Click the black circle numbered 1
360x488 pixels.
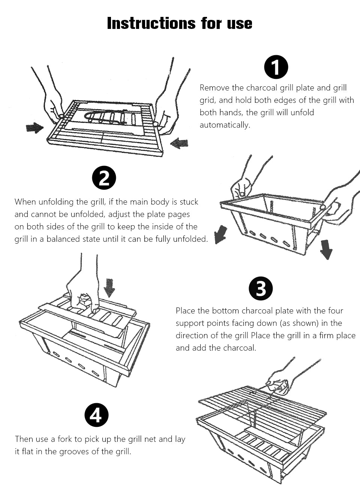click(276, 67)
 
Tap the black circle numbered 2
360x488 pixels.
click(104, 178)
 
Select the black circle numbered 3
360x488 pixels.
click(261, 289)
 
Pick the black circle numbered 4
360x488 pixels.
click(96, 415)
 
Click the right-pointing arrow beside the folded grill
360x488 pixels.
click(35, 128)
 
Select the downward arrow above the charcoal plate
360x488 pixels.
click(109, 288)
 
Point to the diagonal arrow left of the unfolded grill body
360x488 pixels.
click(220, 234)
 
